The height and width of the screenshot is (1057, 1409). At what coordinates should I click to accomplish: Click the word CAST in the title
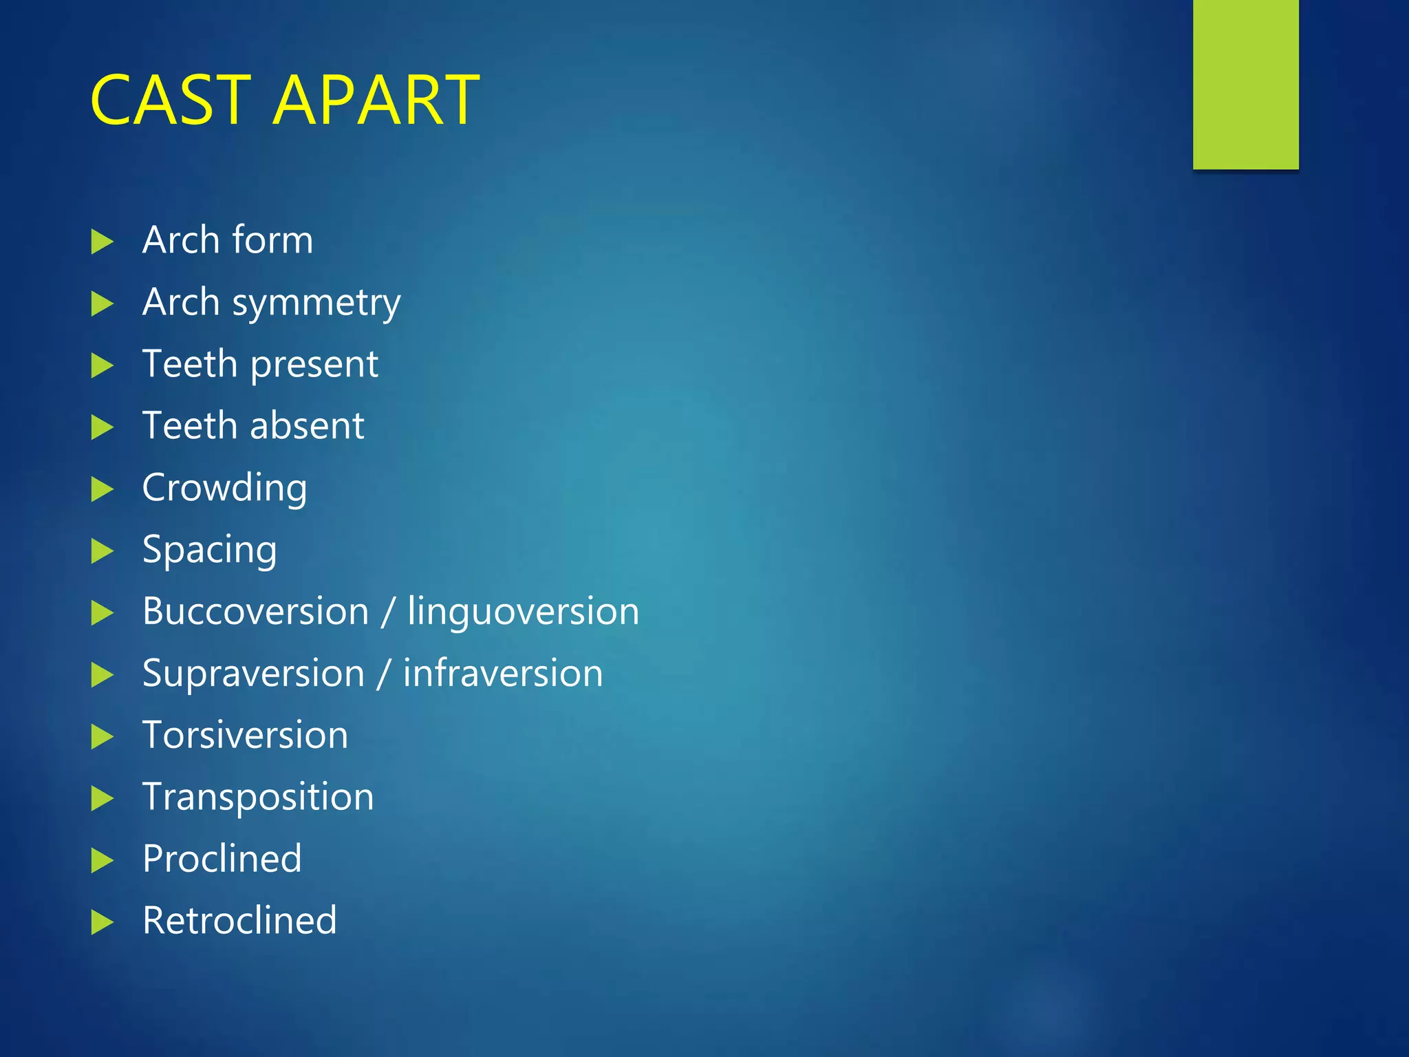tap(171, 100)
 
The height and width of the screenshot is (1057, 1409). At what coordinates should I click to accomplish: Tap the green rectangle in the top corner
tap(1245, 84)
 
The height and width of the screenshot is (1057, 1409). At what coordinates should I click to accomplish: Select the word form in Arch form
tap(272, 240)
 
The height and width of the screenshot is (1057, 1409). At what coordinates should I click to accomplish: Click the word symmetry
tap(316, 303)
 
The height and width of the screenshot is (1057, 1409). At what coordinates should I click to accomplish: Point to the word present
tap(314, 365)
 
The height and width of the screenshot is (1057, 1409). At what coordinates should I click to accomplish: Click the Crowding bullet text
tap(224, 489)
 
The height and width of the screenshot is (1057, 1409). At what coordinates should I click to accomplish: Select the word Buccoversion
tap(255, 612)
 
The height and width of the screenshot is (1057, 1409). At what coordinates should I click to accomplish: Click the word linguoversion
tap(523, 612)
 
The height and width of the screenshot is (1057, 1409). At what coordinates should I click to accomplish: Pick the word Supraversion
tap(253, 674)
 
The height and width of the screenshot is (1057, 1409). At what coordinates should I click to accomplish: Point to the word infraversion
tap(503, 674)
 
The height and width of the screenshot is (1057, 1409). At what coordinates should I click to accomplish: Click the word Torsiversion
tap(245, 736)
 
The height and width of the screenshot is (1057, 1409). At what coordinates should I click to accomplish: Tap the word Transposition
tap(258, 798)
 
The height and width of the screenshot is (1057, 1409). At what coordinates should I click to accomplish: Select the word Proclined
tap(222, 859)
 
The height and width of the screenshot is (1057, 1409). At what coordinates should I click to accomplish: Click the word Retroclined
tap(239, 921)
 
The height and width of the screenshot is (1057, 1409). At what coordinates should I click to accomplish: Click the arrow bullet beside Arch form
tap(102, 242)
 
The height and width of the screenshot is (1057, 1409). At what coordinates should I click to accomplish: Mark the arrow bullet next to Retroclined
tap(102, 922)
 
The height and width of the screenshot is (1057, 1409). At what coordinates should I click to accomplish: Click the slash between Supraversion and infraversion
tap(384, 674)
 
